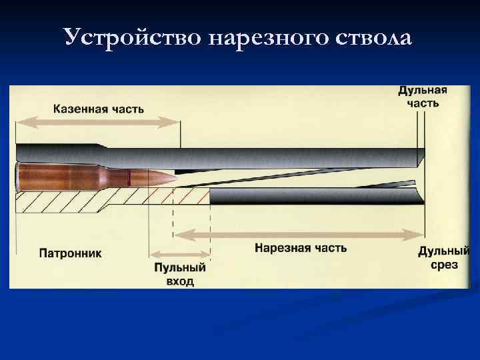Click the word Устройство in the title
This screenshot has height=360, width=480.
(133, 37)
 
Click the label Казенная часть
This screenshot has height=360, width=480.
(98, 109)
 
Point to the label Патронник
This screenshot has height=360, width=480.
(70, 254)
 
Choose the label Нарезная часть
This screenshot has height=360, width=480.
(301, 248)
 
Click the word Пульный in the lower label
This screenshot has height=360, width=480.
(180, 268)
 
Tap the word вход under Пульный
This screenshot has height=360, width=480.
(180, 281)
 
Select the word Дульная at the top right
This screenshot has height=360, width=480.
(423, 91)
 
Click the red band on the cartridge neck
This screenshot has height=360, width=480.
(127, 177)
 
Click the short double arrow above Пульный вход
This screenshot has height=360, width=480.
(180, 253)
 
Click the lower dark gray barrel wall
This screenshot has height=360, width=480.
(313, 196)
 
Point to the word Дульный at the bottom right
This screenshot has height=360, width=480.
(444, 251)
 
